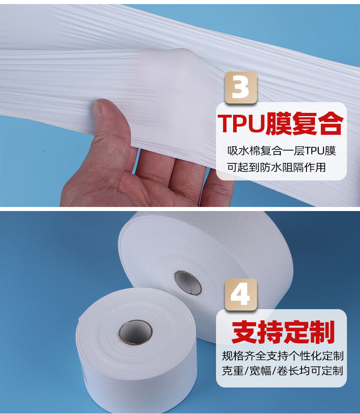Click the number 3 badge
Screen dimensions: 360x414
click(x=241, y=88)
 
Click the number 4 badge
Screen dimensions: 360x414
click(x=241, y=294)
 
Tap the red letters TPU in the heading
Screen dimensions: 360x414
click(x=241, y=123)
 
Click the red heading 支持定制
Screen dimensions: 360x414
click(x=283, y=332)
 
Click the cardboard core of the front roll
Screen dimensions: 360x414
click(x=135, y=333)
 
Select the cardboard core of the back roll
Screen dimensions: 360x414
click(x=188, y=283)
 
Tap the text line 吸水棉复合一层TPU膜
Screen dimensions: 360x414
click(x=282, y=151)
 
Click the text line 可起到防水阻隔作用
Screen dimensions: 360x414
click(x=276, y=167)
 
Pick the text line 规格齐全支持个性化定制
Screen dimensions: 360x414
click(x=283, y=356)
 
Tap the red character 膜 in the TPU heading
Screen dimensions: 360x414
click(x=278, y=123)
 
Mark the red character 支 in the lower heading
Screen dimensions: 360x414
click(x=244, y=332)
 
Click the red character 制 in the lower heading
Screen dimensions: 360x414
click(x=322, y=332)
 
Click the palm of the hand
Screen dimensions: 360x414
click(x=106, y=182)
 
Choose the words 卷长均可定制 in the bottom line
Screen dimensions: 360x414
click(x=310, y=371)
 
